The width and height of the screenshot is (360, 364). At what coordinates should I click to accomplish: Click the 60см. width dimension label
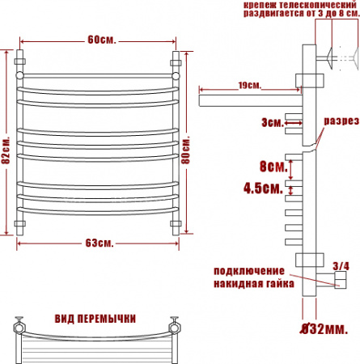pyautogui.click(x=102, y=40)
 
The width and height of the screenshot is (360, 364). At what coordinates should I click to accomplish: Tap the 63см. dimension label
pyautogui.click(x=100, y=243)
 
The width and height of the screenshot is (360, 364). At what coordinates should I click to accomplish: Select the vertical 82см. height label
pyautogui.click(x=6, y=150)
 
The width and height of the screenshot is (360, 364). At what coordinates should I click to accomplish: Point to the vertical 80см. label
pyautogui.click(x=186, y=150)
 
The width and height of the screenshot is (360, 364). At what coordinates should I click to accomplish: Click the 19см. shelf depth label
pyautogui.click(x=250, y=86)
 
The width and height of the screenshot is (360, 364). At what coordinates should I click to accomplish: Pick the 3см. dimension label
pyautogui.click(x=273, y=123)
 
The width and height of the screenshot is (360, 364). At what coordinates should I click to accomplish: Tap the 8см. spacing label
pyautogui.click(x=273, y=167)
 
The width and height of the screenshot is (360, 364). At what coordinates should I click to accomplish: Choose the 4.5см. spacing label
pyautogui.click(x=263, y=188)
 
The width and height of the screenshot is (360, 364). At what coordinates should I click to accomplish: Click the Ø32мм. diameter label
pyautogui.click(x=324, y=329)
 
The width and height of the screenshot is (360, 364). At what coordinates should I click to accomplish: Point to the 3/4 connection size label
pyautogui.click(x=341, y=266)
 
